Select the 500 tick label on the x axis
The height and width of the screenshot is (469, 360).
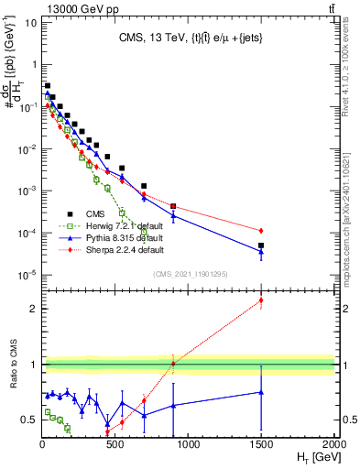tap(115, 444)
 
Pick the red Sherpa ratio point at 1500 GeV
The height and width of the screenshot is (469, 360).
tap(261, 300)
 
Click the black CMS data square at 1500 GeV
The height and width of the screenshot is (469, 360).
tap(261, 245)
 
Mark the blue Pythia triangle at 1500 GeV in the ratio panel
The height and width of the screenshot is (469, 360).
tap(261, 392)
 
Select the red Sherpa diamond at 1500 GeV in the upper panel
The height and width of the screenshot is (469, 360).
tap(261, 230)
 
